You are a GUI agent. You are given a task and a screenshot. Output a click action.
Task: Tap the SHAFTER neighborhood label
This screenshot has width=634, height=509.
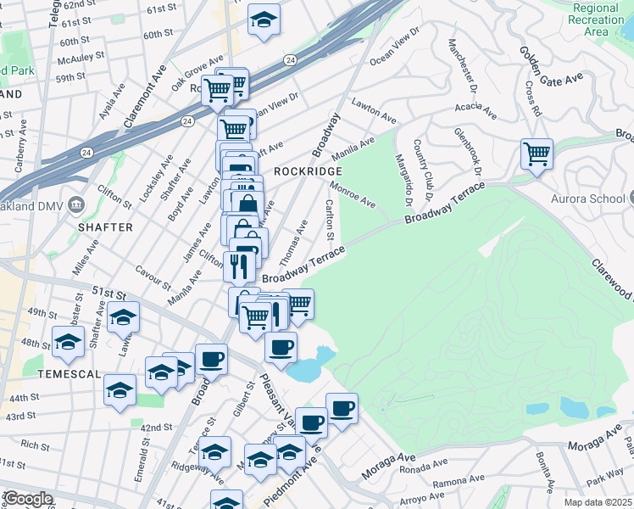106,227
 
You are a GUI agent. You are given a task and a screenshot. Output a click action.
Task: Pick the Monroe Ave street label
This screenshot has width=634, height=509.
353,195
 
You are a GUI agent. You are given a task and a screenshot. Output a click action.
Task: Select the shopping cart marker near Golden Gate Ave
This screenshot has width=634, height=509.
537,154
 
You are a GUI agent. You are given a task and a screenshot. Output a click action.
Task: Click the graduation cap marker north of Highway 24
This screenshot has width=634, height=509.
264,19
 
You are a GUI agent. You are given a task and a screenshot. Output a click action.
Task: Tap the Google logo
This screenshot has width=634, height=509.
27,498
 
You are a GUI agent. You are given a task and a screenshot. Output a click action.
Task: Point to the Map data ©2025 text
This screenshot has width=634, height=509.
598,502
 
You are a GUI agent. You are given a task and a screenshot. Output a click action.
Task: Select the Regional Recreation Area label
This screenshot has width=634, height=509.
597,20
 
